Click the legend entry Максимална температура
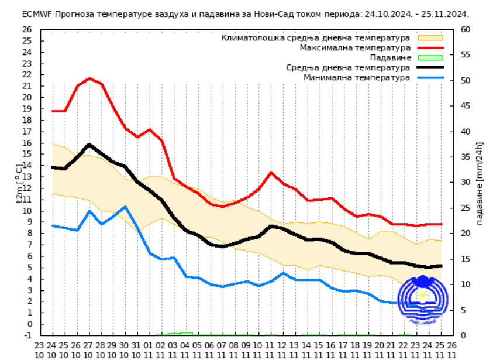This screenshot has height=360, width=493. [x=355, y=47]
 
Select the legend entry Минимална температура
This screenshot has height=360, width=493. [x=357, y=77]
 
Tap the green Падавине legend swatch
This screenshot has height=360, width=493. [x=430, y=57]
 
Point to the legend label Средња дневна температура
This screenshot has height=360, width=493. [x=348, y=67]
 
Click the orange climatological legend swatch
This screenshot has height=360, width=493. [x=430, y=37]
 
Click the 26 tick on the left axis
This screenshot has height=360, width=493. [x=27, y=29]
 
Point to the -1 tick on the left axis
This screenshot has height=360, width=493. [x=28, y=335]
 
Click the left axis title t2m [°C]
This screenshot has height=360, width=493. [x=19, y=183]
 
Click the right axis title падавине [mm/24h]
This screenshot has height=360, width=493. [x=480, y=183]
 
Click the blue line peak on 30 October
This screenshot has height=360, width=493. [x=125, y=207]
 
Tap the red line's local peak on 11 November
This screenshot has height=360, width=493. [x=271, y=172]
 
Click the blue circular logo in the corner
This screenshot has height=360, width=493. [x=422, y=300]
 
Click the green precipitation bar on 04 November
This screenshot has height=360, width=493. [x=186, y=334]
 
